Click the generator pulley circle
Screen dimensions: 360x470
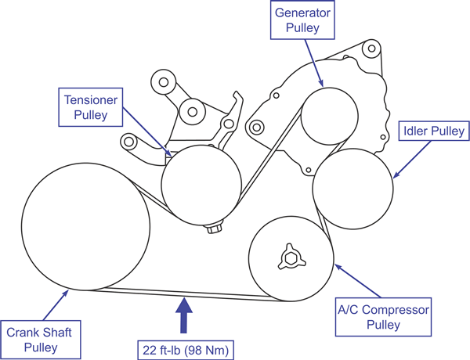[x=326, y=115]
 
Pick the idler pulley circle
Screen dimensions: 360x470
[x=352, y=189]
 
